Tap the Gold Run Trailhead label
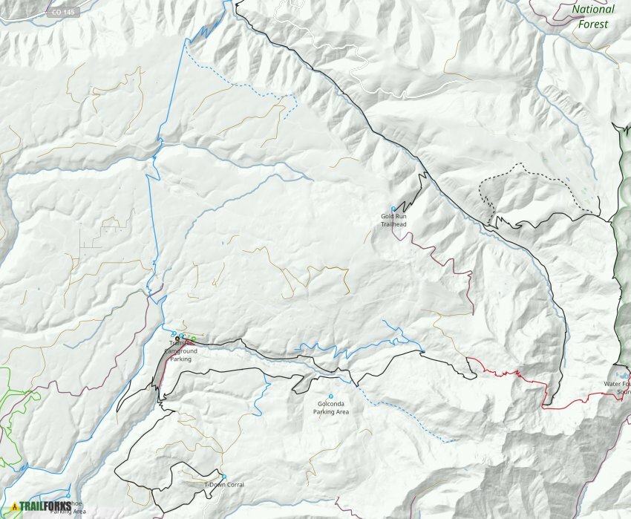pos(393,219)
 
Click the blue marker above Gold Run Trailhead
pos(393,208)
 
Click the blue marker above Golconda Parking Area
pos(331,396)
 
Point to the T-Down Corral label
pos(224,485)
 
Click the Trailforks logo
pos(41,507)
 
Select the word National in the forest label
pos(593,10)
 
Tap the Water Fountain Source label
pos(618,388)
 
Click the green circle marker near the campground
pos(192,339)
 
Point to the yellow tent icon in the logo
pos(14,507)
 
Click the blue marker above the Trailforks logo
pos(68,496)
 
